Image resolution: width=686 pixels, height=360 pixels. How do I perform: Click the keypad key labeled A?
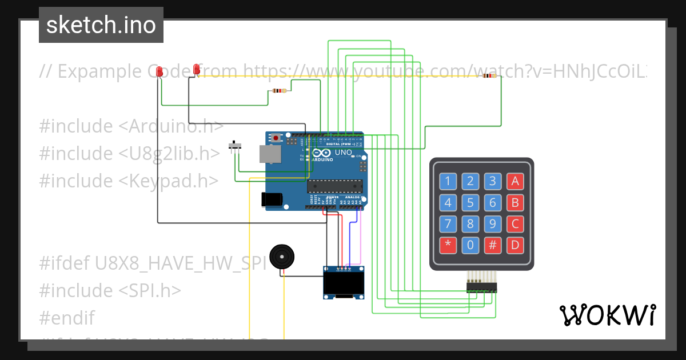(514, 182)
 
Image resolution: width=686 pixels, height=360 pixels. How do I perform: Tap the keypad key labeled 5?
(470, 203)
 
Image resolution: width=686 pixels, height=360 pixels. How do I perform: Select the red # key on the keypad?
(492, 246)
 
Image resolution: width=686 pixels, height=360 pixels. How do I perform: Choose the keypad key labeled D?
(514, 246)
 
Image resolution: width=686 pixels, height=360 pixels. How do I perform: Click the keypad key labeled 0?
(470, 246)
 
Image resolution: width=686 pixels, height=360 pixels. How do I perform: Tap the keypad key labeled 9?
(492, 224)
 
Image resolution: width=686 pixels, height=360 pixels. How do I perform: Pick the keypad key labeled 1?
(448, 182)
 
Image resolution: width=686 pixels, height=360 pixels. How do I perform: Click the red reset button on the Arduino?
(277, 138)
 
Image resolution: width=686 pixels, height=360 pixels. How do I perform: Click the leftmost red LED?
(160, 71)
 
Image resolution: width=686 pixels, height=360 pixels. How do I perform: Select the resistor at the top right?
(489, 75)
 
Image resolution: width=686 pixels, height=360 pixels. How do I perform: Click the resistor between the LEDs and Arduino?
(279, 90)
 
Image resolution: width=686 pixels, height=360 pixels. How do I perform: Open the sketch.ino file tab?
(101, 25)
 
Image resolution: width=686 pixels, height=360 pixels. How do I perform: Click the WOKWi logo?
(607, 315)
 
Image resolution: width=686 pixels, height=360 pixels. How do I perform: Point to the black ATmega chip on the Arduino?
(335, 186)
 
